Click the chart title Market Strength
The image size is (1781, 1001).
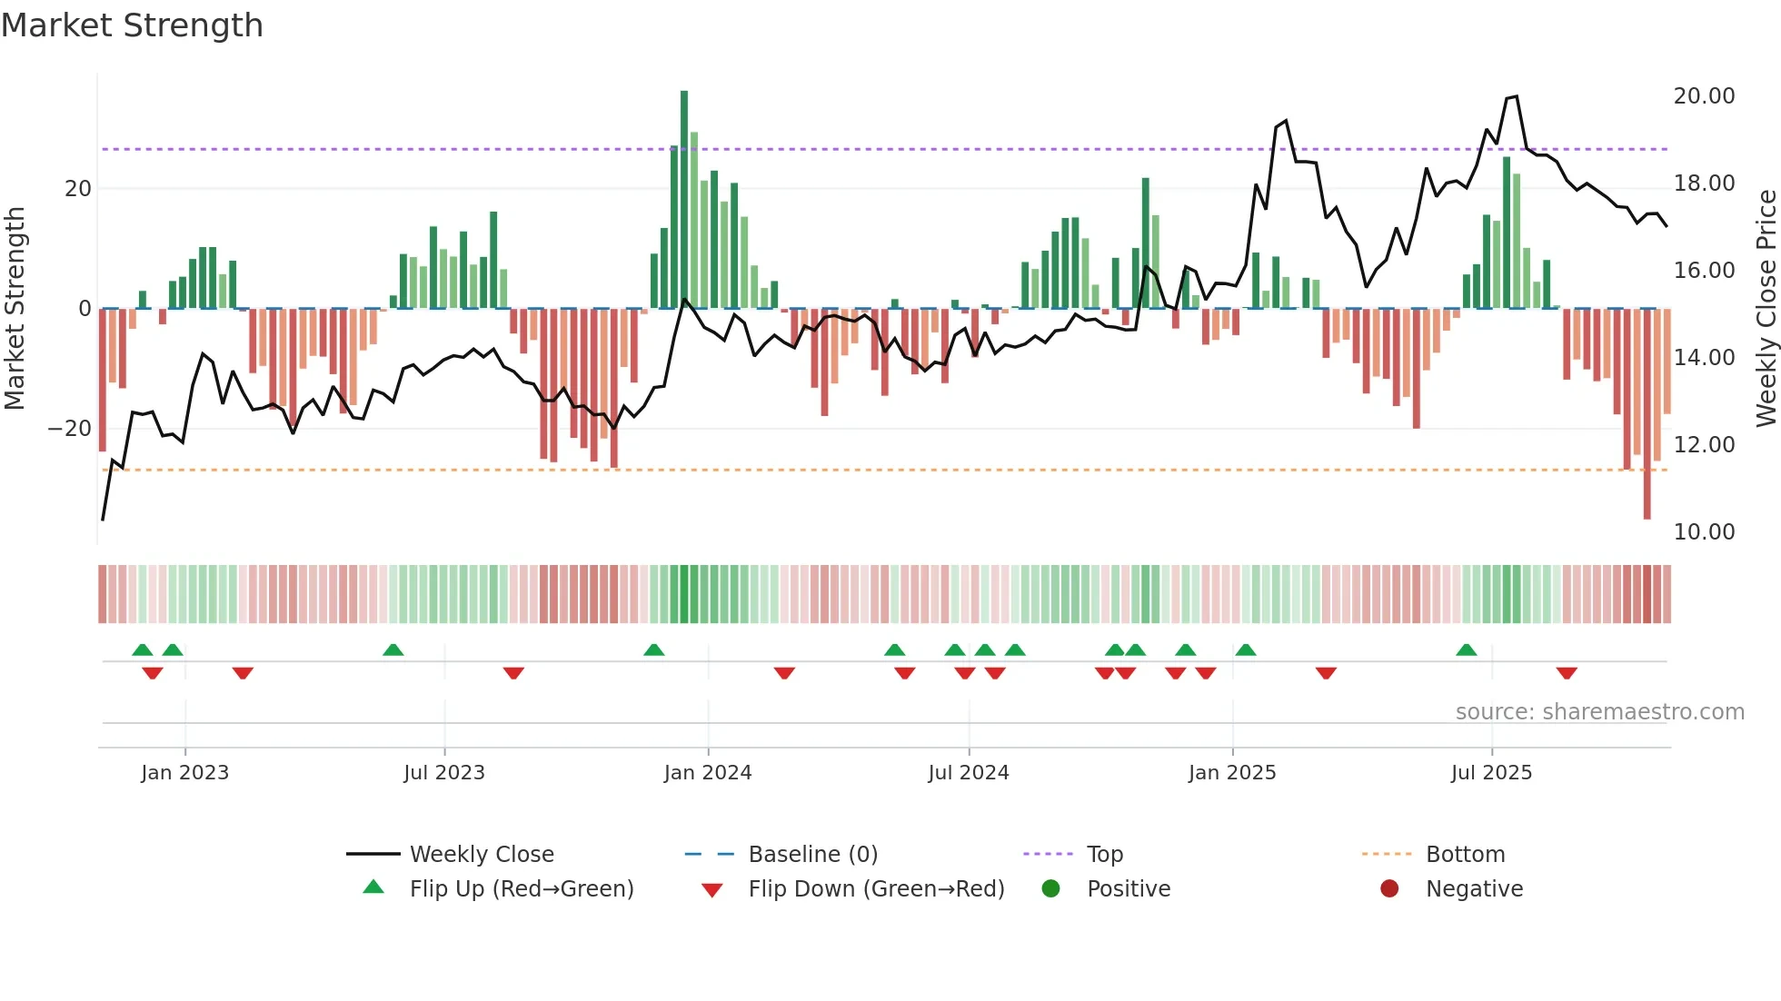[132, 25]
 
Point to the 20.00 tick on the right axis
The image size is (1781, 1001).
[1704, 96]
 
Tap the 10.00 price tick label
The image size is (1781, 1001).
[1704, 532]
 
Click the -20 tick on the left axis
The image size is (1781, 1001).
[70, 429]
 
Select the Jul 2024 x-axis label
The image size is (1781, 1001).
[968, 773]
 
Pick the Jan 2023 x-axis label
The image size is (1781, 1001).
[184, 773]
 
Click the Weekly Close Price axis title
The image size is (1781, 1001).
[1766, 309]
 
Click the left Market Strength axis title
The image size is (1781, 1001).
[15, 309]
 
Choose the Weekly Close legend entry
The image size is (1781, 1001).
[481, 855]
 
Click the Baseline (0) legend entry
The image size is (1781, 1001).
[812, 855]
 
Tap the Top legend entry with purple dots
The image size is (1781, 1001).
[1104, 855]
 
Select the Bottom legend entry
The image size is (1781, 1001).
[1465, 855]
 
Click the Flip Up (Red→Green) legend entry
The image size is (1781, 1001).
[521, 889]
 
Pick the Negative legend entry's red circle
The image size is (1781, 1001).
[1389, 889]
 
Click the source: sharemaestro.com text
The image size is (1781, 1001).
[1599, 712]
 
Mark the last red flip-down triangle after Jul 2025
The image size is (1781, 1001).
[1567, 673]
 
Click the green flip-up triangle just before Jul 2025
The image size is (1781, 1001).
[1467, 649]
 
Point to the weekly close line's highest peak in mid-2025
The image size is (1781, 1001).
[1516, 96]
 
